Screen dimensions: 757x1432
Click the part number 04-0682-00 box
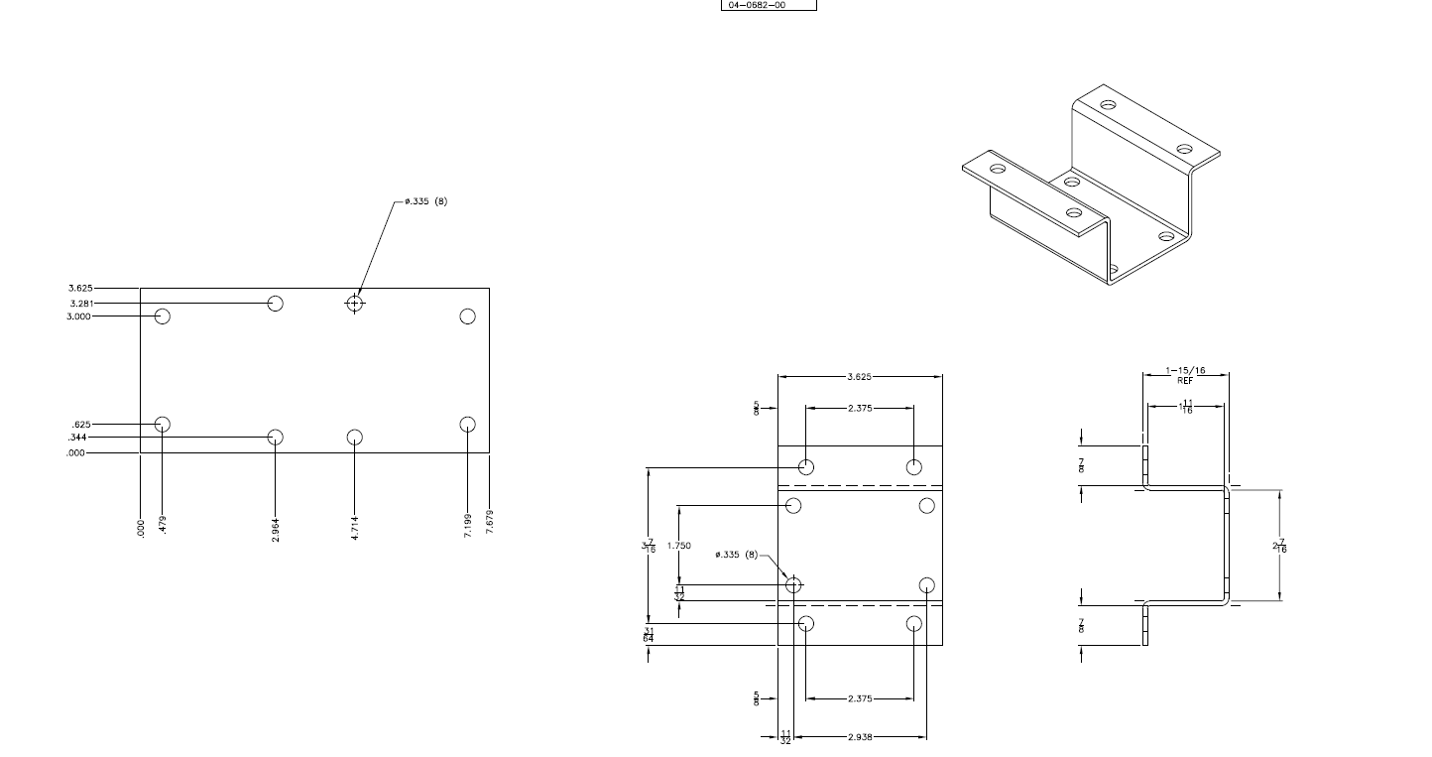(768, 5)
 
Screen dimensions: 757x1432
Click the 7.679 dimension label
(489, 522)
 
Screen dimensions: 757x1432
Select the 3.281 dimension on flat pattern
(81, 303)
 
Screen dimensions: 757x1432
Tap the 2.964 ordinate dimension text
(276, 529)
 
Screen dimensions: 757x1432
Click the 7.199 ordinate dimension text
(467, 522)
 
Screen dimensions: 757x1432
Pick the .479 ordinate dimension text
(163, 526)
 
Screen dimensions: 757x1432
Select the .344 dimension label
(77, 437)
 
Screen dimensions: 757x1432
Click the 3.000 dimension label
(80, 316)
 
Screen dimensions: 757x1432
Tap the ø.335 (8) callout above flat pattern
(426, 201)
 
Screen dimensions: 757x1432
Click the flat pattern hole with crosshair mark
(355, 303)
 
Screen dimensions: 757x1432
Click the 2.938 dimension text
(860, 737)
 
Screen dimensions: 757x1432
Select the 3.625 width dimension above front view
(860, 376)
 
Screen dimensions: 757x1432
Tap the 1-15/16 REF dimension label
(1186, 374)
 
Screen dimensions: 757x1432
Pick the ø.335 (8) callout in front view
(737, 555)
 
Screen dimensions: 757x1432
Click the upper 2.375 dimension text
(860, 408)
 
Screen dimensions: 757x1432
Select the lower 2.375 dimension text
(860, 698)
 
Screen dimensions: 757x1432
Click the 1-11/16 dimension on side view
(1186, 406)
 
